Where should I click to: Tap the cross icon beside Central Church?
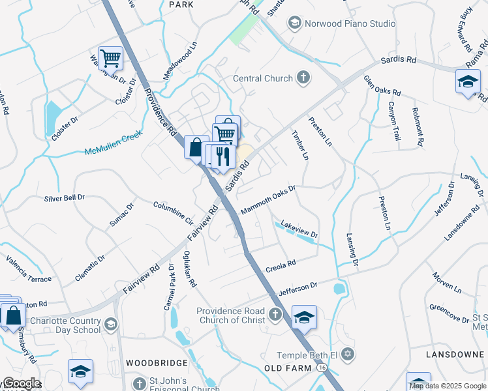click(303, 79)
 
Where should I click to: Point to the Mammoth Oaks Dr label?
click(268, 199)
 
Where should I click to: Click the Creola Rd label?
click(281, 266)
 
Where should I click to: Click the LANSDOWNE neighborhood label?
click(453, 353)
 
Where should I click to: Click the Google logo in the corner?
click(22, 383)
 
